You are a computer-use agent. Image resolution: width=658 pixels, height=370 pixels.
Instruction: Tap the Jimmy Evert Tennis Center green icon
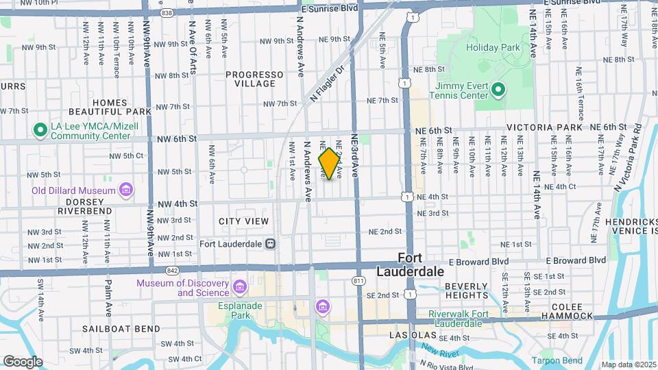click(498, 90)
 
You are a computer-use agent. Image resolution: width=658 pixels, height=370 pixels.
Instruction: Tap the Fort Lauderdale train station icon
click(271, 243)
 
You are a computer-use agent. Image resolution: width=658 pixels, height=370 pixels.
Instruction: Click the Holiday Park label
click(493, 48)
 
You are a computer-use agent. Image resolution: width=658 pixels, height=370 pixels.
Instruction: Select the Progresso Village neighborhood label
click(254, 79)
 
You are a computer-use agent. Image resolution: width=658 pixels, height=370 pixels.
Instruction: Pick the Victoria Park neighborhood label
click(545, 127)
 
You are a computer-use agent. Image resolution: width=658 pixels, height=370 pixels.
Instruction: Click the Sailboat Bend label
click(121, 329)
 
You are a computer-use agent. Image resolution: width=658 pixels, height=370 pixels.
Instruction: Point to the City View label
click(244, 221)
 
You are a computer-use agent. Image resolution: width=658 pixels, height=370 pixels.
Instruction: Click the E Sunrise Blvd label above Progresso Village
click(330, 9)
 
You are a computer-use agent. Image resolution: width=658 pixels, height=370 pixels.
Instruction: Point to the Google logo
click(23, 361)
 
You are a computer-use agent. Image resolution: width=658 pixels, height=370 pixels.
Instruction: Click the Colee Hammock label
click(566, 310)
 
